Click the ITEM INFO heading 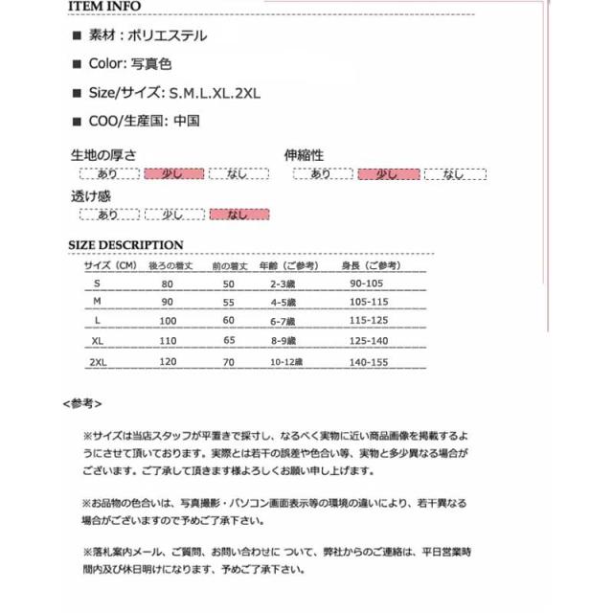click(104, 8)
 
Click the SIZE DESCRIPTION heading click(126, 245)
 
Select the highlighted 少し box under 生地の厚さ click(172, 173)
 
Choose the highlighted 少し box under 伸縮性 click(387, 173)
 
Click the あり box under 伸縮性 click(321, 173)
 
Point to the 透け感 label click(91, 195)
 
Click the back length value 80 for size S click(169, 285)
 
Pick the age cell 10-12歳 click(284, 363)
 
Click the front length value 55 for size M click(229, 302)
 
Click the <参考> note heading click(82, 403)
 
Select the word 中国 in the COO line click(189, 121)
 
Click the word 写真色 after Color click(150, 64)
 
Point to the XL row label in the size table click(97, 339)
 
